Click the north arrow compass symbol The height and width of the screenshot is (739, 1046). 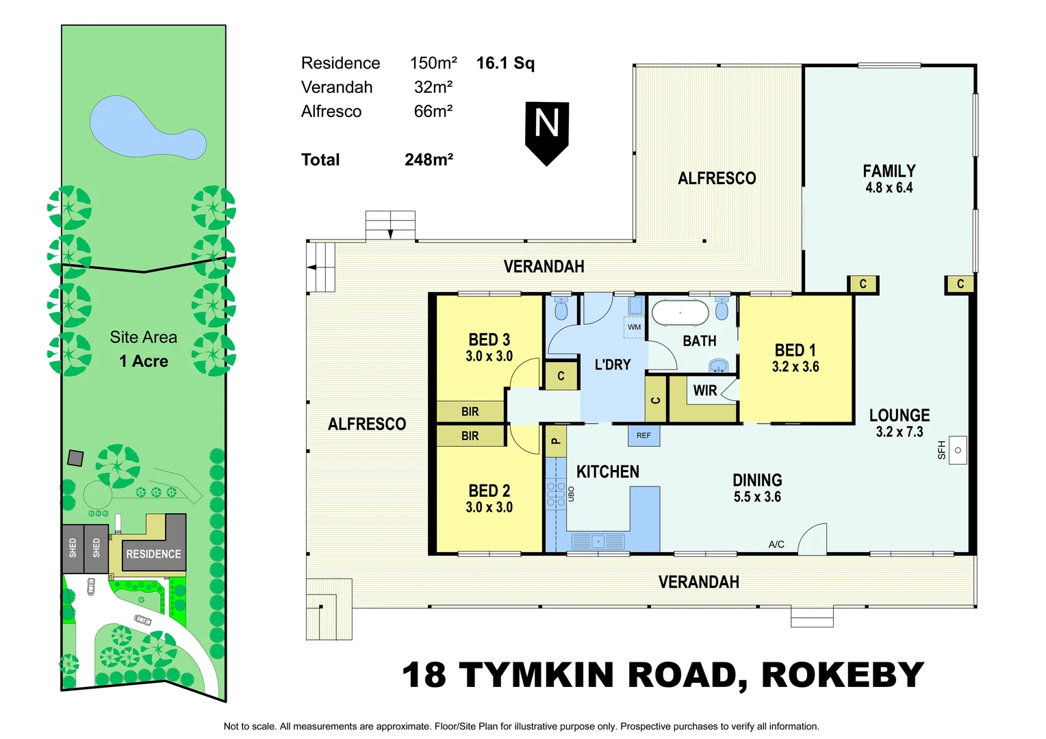[547, 132]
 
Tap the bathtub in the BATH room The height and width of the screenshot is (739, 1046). [680, 313]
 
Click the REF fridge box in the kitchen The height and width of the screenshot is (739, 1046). [643, 435]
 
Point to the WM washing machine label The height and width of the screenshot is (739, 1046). [635, 327]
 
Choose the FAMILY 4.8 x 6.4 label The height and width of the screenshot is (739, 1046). [889, 179]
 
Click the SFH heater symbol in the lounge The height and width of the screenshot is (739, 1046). [957, 450]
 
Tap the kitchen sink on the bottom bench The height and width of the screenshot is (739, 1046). [598, 541]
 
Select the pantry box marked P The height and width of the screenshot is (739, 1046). [555, 441]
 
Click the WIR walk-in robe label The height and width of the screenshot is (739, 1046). [704, 391]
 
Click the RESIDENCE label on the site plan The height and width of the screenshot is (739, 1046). [153, 554]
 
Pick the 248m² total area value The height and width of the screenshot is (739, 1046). [429, 159]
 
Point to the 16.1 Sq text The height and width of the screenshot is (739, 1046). [505, 63]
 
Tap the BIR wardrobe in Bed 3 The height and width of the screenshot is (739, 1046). [470, 411]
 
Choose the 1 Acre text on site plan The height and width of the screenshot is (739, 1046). [144, 361]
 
